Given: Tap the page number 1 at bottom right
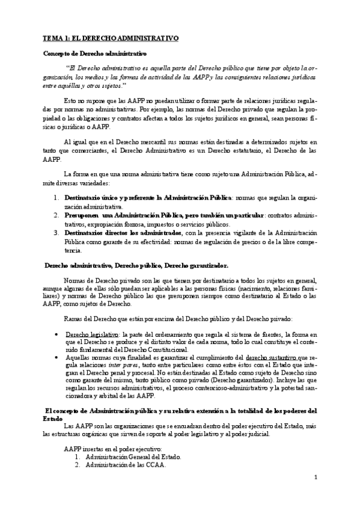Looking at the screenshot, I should point(314,477).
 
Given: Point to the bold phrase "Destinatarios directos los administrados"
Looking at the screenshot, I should point(114,232).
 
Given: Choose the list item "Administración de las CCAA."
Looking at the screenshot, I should point(126,465).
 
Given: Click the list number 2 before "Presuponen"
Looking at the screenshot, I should point(55,215).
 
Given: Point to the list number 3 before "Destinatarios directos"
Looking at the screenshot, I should point(55,232).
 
